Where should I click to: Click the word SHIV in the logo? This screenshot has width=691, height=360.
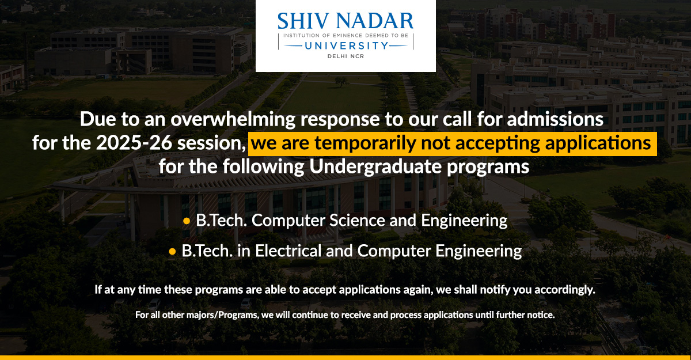tap(301, 21)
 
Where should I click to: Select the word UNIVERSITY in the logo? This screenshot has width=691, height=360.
tap(345, 45)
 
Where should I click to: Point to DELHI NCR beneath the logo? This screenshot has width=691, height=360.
tap(345, 56)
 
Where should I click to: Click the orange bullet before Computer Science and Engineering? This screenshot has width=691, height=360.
tap(186, 221)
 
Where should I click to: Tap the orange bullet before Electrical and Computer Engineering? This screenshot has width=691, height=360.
tap(172, 252)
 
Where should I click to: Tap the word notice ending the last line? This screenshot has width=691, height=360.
tap(540, 315)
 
